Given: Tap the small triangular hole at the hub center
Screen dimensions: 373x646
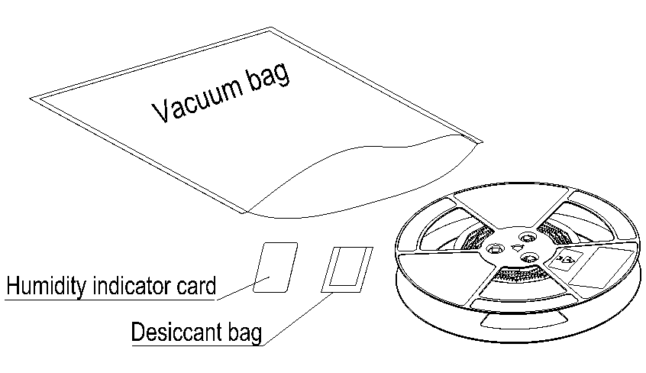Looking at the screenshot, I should click(517, 248).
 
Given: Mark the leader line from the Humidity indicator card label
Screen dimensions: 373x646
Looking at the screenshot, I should click(237, 290).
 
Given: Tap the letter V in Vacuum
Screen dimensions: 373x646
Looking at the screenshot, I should click(161, 112).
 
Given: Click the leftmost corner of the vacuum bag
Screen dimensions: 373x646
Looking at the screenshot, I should click(32, 99).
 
